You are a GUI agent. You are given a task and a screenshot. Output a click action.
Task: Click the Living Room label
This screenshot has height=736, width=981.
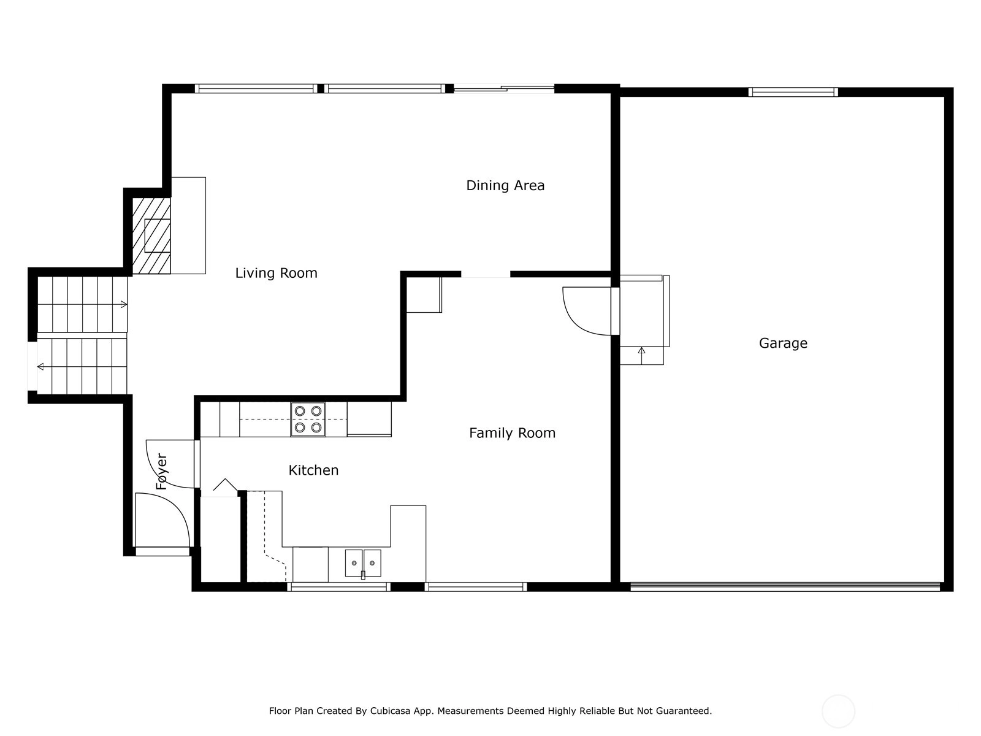pyautogui.click(x=276, y=273)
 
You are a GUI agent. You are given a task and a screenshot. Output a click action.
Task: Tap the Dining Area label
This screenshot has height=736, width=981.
pyautogui.click(x=505, y=185)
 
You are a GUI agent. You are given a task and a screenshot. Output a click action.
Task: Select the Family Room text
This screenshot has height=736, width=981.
pyautogui.click(x=512, y=433)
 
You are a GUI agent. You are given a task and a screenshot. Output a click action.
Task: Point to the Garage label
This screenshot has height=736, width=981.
pyautogui.click(x=783, y=343)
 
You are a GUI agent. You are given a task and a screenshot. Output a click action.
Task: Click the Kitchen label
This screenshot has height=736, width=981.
pyautogui.click(x=313, y=470)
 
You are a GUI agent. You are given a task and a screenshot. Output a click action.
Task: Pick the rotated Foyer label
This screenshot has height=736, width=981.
pyautogui.click(x=161, y=472)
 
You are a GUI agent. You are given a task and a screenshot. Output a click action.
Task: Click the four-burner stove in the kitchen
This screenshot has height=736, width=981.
pyautogui.click(x=308, y=419)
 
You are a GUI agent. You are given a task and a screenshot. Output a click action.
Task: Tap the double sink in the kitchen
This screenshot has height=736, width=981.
pyautogui.click(x=363, y=564)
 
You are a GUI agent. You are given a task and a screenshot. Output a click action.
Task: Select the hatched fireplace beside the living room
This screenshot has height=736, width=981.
pyautogui.click(x=151, y=236)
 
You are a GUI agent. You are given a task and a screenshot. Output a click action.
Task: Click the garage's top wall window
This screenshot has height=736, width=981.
pyautogui.click(x=793, y=92)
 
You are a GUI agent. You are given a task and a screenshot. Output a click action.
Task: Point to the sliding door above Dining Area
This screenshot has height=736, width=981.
pyautogui.click(x=504, y=88)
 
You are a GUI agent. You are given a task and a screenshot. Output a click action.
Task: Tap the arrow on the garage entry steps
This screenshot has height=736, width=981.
pyautogui.click(x=642, y=356)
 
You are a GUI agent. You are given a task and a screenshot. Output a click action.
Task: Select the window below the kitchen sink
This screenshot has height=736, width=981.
pyautogui.click(x=338, y=587)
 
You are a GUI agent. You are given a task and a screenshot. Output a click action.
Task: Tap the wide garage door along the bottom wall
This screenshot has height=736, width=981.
pyautogui.click(x=785, y=587)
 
